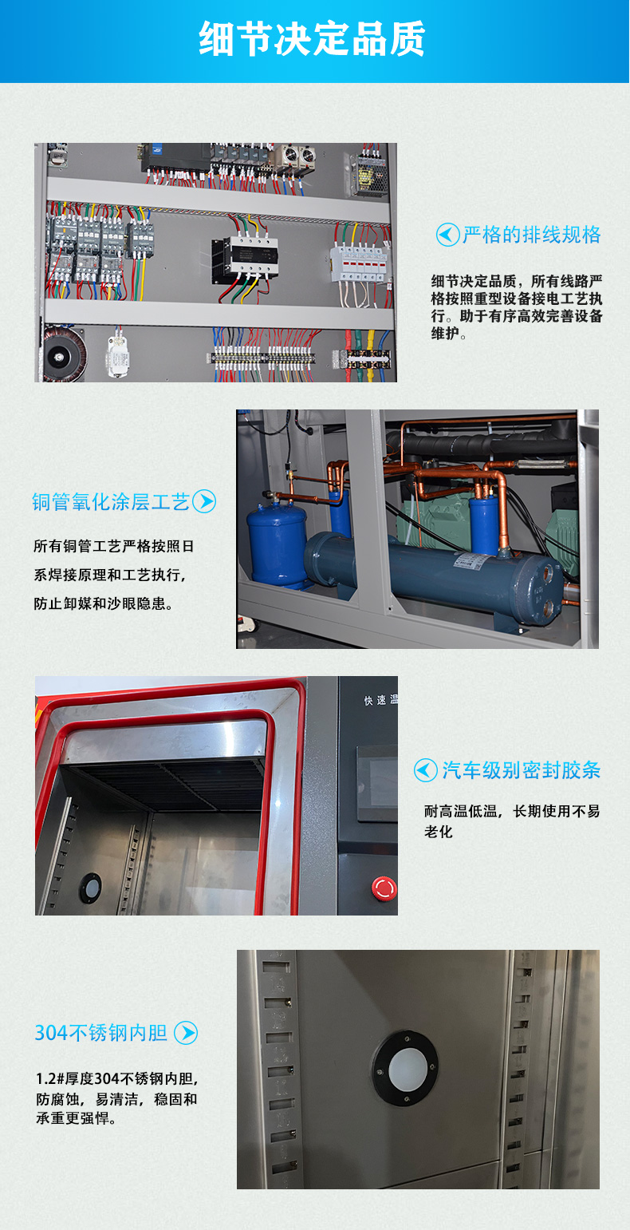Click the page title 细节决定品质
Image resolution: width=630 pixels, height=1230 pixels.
(x=313, y=39)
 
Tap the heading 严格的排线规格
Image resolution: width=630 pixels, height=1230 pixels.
(x=532, y=235)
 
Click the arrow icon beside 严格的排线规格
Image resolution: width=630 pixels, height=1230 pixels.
(x=448, y=235)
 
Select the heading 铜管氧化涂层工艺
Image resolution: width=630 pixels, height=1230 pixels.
(x=110, y=502)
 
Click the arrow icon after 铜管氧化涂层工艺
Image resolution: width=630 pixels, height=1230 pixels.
(x=204, y=501)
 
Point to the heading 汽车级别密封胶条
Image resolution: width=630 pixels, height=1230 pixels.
(x=522, y=770)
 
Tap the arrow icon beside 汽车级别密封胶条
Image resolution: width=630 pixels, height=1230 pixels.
(x=425, y=770)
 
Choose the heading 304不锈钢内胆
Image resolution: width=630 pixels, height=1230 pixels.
(x=101, y=1033)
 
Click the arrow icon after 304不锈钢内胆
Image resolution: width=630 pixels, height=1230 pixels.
(x=186, y=1033)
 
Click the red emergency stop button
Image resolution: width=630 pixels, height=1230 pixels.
(x=384, y=888)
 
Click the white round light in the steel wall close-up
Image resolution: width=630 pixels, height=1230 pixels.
(x=406, y=1069)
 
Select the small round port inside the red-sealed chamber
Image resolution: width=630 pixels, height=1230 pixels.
(x=90, y=888)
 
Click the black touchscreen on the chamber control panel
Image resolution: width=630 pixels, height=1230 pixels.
(x=377, y=784)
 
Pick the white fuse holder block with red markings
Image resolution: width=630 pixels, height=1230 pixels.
(x=358, y=263)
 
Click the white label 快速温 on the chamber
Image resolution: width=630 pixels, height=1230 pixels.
(x=381, y=700)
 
